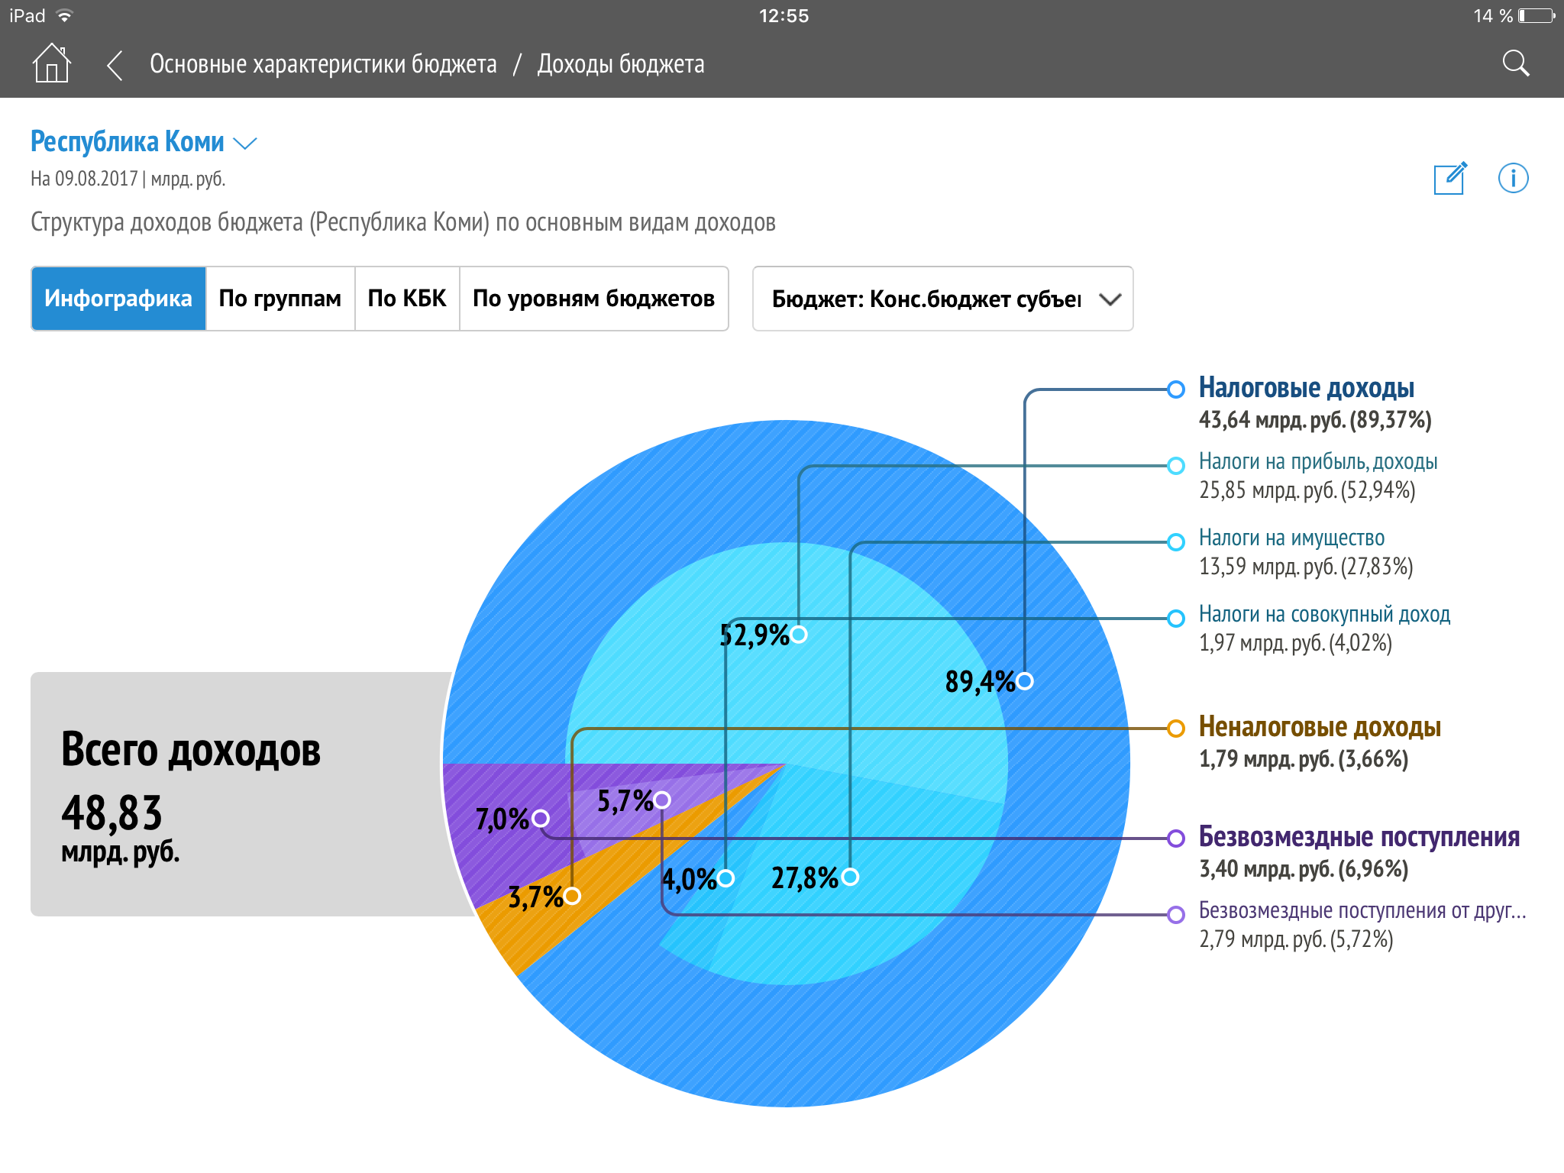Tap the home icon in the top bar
click(x=52, y=63)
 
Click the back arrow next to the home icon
click(x=115, y=65)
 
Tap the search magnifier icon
click(x=1516, y=63)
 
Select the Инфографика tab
click(x=118, y=299)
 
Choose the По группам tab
click(x=280, y=299)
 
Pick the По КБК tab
click(x=407, y=299)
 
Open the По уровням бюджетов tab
click(x=593, y=299)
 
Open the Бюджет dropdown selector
click(x=942, y=299)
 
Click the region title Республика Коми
click(x=128, y=142)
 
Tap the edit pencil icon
click(x=1450, y=179)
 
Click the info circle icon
click(x=1513, y=179)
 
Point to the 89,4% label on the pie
click(x=980, y=681)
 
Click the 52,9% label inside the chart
click(x=755, y=635)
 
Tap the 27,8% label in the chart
click(x=805, y=877)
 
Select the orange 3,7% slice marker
click(x=572, y=895)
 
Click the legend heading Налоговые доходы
click(x=1306, y=388)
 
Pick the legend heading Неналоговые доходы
click(x=1320, y=727)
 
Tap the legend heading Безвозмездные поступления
click(x=1359, y=837)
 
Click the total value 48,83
click(x=112, y=813)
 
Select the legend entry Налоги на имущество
click(x=1291, y=538)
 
